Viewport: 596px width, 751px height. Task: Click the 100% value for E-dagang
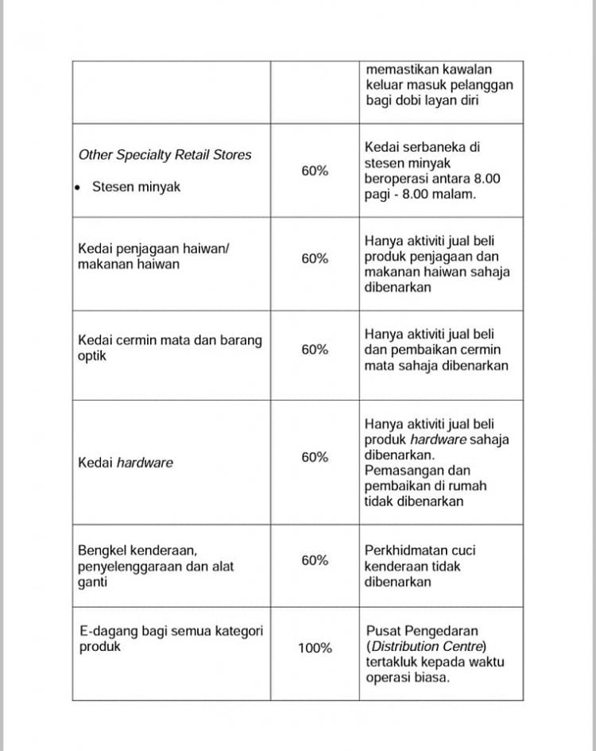(x=315, y=648)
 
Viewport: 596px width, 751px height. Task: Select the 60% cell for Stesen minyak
(x=315, y=170)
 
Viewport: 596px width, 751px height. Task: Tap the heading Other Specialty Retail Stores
(x=164, y=155)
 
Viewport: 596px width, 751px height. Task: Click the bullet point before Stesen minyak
(x=78, y=188)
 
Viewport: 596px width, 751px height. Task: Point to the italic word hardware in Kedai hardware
(x=145, y=463)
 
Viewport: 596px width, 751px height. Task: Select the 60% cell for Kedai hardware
(x=315, y=457)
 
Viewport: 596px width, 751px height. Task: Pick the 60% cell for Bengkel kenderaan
(x=315, y=560)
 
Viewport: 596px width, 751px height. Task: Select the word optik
(x=91, y=356)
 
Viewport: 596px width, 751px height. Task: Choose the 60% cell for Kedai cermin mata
(x=315, y=350)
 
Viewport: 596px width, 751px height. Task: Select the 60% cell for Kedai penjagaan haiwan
(x=315, y=258)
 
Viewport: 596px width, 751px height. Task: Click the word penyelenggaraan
(x=130, y=567)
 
